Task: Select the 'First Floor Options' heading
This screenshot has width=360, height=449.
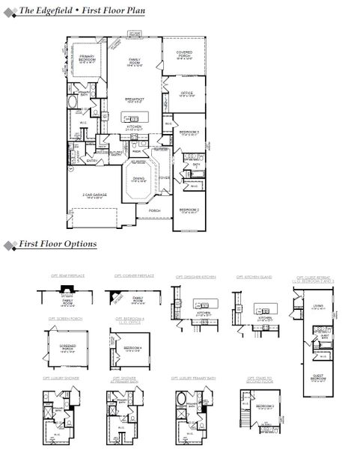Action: click(x=58, y=244)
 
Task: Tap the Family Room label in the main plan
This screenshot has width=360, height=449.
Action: click(x=135, y=61)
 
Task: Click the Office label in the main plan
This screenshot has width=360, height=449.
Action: click(x=187, y=94)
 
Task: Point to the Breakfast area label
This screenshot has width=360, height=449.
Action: click(x=135, y=100)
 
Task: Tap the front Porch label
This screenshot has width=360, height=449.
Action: click(x=154, y=211)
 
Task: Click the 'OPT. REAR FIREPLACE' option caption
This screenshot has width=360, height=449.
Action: click(x=68, y=276)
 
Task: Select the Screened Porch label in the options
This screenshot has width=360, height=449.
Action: click(x=68, y=347)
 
